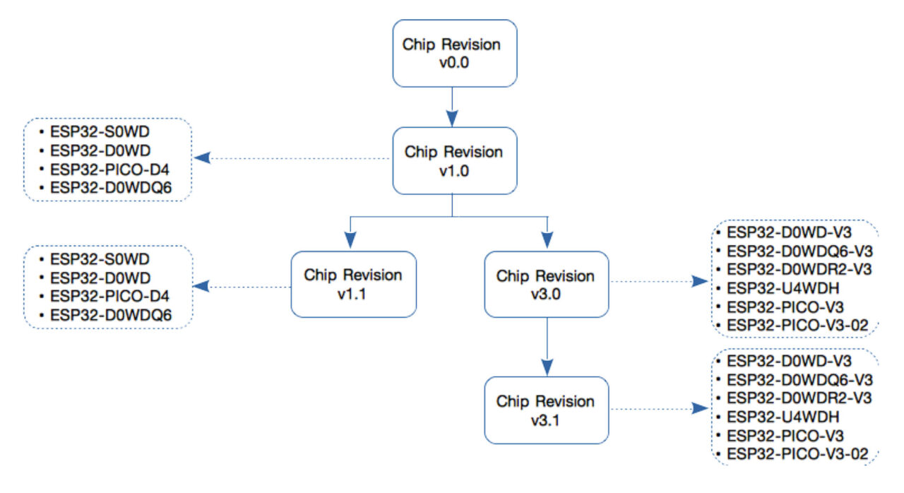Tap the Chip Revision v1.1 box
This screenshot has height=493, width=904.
click(x=353, y=284)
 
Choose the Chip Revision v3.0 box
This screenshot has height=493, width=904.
click(x=546, y=284)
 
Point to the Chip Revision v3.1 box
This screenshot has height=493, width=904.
click(x=546, y=410)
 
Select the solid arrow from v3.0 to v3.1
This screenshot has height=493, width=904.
click(x=546, y=346)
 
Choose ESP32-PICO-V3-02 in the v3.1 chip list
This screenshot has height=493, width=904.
click(x=797, y=453)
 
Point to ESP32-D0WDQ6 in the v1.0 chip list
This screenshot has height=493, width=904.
click(x=110, y=187)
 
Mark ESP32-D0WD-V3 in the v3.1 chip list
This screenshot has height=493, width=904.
click(x=790, y=362)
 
